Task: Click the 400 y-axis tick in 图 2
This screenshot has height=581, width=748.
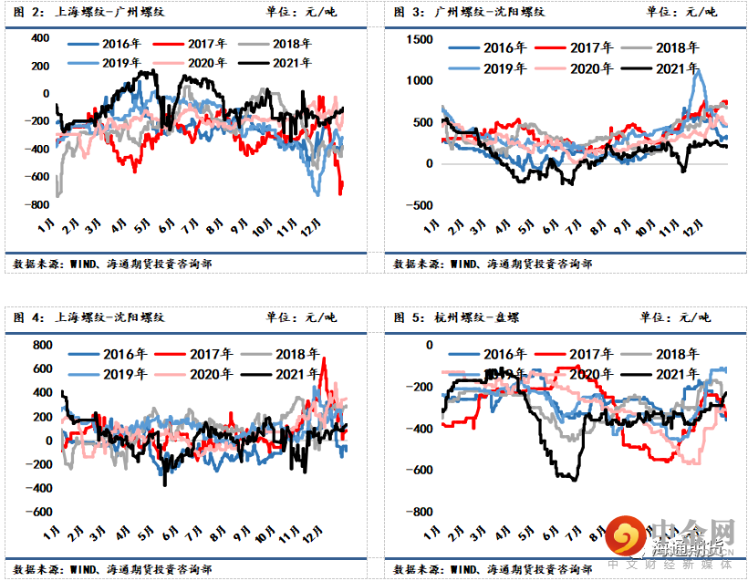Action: [x=39, y=38]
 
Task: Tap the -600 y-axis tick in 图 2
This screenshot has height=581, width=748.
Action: [x=36, y=177]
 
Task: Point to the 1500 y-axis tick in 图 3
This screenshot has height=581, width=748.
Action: [x=420, y=39]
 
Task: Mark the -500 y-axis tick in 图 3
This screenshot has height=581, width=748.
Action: [x=421, y=205]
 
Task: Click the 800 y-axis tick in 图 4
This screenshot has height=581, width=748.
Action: [x=42, y=345]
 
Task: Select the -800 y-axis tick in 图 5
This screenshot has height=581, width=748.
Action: [x=421, y=512]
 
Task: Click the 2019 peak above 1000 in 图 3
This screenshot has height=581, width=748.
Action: [x=699, y=72]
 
